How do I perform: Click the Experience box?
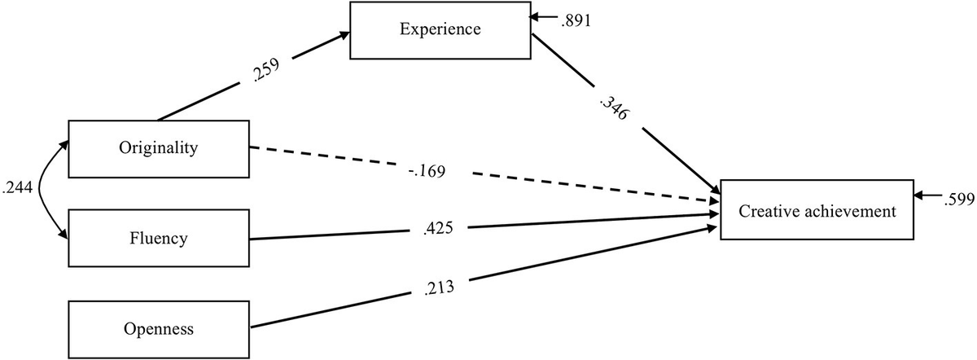[440, 30]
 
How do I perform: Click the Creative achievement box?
[817, 210]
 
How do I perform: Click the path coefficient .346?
[611, 108]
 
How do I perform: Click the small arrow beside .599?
[928, 196]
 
